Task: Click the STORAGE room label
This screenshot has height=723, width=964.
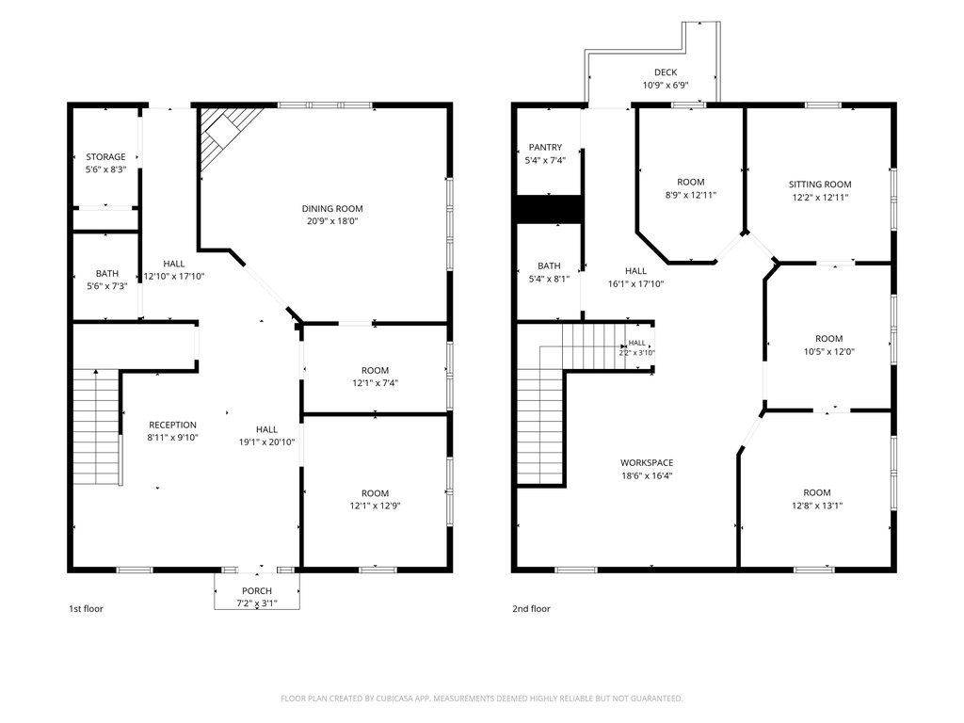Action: click(105, 157)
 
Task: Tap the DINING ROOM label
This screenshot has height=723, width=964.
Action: click(332, 208)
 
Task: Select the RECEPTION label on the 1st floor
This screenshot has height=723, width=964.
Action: click(173, 425)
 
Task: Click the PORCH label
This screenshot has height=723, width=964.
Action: click(257, 591)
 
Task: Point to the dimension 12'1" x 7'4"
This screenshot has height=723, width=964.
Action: click(375, 383)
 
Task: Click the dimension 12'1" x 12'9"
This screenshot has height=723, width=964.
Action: click(375, 506)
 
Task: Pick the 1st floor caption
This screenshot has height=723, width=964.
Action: click(86, 609)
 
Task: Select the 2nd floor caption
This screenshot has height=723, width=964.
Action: click(531, 609)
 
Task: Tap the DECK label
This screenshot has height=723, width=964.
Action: click(666, 72)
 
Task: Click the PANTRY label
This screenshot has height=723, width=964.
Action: click(545, 148)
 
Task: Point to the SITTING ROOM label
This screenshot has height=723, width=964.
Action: click(820, 185)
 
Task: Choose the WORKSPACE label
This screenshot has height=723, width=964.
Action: click(647, 463)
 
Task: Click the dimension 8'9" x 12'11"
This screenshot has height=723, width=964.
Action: click(691, 196)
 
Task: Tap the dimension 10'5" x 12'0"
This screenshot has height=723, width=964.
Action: click(828, 352)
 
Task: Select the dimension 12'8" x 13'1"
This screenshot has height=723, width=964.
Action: click(816, 506)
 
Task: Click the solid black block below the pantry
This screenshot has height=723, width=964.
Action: click(549, 210)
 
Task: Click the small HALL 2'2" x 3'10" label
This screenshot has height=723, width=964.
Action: click(637, 348)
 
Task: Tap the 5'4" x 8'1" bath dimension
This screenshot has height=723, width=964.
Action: click(549, 279)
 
